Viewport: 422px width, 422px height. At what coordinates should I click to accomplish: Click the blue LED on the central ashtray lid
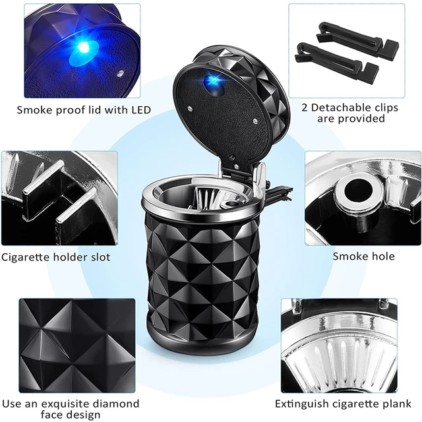pos(213,81)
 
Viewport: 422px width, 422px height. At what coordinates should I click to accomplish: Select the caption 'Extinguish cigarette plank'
pos(343,403)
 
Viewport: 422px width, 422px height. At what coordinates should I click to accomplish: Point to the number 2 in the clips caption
pos(305,107)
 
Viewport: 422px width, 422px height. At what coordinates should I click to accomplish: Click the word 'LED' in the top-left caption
pos(139,109)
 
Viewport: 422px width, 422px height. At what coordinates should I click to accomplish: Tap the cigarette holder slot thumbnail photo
pos(59,198)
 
